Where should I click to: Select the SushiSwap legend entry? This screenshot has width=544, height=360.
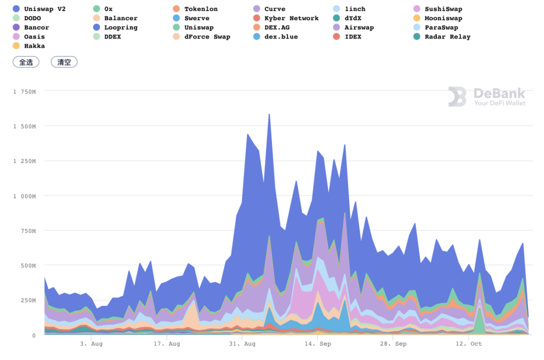[x=443, y=9]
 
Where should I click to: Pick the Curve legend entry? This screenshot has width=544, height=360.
[x=274, y=9]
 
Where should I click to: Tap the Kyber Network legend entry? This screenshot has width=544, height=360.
[x=291, y=18]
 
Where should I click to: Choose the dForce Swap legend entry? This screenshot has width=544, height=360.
[x=207, y=37]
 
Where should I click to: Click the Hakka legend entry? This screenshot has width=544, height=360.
[x=34, y=46]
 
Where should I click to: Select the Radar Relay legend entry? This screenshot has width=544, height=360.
[x=447, y=37]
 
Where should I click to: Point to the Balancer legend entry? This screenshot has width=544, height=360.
[x=120, y=18]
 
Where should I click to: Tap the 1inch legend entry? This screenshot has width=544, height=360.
[x=355, y=9]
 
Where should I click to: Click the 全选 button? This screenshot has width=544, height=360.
[x=26, y=62]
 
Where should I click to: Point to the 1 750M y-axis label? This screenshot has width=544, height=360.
[x=24, y=91]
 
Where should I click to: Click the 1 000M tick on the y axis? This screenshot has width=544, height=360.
[x=24, y=196]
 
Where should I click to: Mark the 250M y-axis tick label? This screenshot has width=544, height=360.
[x=28, y=301]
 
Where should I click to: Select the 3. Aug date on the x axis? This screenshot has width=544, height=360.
[x=91, y=344]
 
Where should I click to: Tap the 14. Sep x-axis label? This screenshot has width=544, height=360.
[x=317, y=344]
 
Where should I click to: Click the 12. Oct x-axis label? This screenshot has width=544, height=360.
[x=470, y=344]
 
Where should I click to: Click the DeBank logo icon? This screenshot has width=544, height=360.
[x=457, y=96]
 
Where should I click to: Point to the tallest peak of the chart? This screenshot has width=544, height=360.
[x=269, y=114]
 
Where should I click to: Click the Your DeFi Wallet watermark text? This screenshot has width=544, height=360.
[x=500, y=103]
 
